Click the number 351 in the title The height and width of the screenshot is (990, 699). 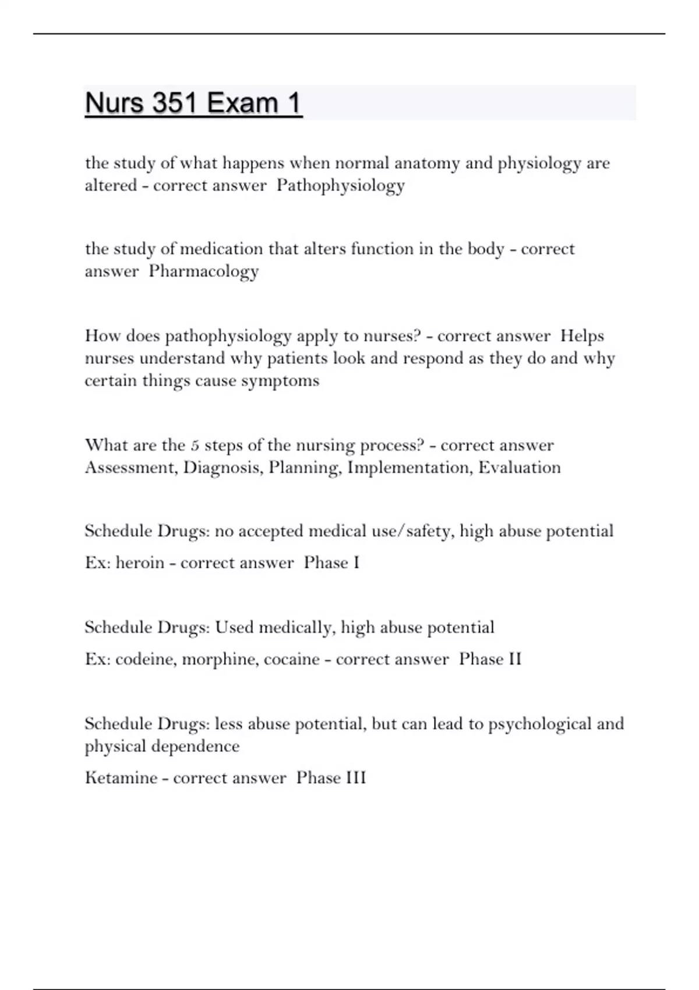click(x=174, y=103)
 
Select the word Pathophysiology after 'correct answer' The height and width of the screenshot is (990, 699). click(x=340, y=186)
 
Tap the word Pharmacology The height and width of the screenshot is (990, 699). click(x=203, y=271)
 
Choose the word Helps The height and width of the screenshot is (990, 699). click(x=582, y=336)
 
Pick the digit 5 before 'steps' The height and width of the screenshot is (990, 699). click(x=195, y=446)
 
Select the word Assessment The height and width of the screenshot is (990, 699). click(x=130, y=468)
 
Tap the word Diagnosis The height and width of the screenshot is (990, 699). click(x=222, y=468)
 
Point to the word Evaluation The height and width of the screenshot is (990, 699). click(x=519, y=468)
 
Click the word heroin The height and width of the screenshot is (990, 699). click(x=140, y=563)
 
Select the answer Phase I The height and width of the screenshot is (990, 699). click(x=331, y=563)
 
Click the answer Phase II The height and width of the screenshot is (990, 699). click(x=490, y=659)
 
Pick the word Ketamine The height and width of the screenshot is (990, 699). click(x=121, y=778)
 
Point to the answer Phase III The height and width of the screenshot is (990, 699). click(x=331, y=778)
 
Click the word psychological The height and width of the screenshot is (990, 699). click(x=540, y=724)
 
